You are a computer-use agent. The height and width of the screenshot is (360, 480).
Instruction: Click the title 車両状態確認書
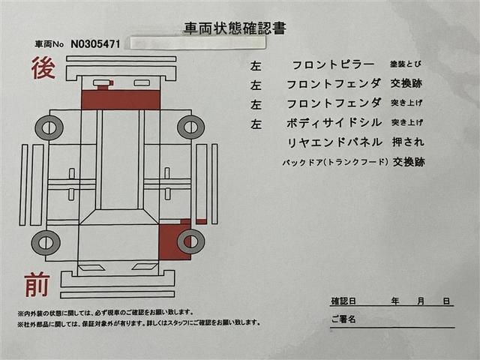235,28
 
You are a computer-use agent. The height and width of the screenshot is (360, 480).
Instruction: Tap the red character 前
37,285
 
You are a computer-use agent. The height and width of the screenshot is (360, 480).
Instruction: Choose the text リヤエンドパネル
334,142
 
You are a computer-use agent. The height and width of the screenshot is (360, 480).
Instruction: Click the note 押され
408,142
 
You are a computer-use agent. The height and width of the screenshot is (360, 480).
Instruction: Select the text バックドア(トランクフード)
334,161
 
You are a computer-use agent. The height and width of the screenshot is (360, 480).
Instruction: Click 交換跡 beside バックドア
408,161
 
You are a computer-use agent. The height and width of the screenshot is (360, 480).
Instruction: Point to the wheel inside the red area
190,241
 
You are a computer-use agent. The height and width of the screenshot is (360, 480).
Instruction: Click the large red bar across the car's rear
121,99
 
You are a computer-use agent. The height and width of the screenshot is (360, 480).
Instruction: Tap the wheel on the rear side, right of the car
190,127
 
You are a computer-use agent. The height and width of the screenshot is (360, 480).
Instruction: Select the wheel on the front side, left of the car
46,241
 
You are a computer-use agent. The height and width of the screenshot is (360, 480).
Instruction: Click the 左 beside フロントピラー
256,66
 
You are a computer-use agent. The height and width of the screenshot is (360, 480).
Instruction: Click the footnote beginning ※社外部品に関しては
139,323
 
